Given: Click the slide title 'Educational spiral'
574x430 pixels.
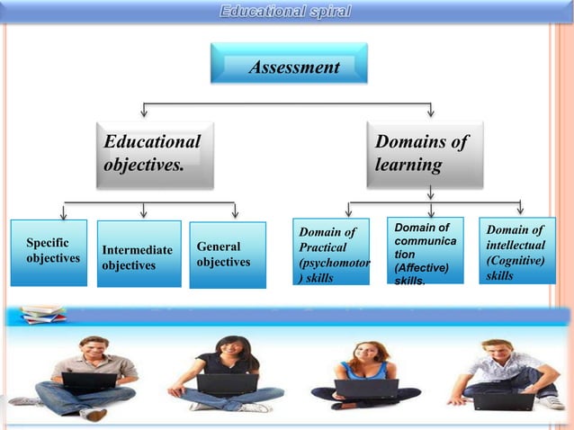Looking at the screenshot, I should click(286, 12).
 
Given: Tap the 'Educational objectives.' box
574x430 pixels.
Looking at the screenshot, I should click(155, 154).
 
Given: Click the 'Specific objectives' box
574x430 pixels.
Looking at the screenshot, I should click(49, 252).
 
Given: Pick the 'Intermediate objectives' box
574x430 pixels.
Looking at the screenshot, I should click(139, 256).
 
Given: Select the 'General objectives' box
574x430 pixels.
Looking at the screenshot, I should click(228, 255).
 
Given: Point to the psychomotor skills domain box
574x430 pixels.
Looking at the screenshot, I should click(330, 253).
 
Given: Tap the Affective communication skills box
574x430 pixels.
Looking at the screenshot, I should click(425, 251).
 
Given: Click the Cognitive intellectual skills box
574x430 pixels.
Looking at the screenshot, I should click(515, 251).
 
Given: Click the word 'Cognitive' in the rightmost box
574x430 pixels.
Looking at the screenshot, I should click(515, 260).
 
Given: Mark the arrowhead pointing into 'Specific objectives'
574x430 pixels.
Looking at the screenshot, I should click(63, 215).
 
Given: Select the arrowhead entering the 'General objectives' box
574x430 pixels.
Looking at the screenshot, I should click(235, 215).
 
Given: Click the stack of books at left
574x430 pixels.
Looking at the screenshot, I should click(42, 314).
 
